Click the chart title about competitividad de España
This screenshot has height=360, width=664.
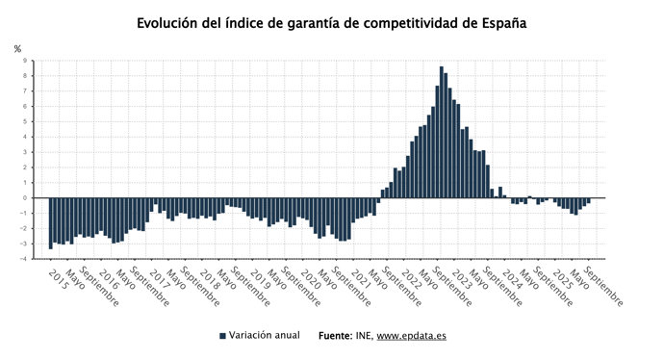(x=331, y=22)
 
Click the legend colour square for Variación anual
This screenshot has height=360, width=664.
(x=222, y=336)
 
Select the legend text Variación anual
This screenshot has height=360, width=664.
(x=266, y=336)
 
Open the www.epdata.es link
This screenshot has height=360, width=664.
(x=411, y=336)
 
